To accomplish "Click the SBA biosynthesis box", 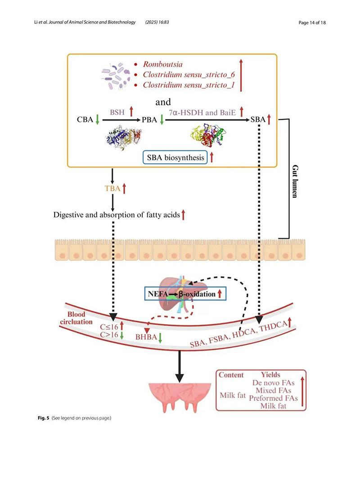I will (x=175, y=158).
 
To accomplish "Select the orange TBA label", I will (x=111, y=188).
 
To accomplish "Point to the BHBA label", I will (x=145, y=336).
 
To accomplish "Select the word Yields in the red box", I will (x=270, y=374).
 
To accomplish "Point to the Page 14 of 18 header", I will (x=312, y=23).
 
